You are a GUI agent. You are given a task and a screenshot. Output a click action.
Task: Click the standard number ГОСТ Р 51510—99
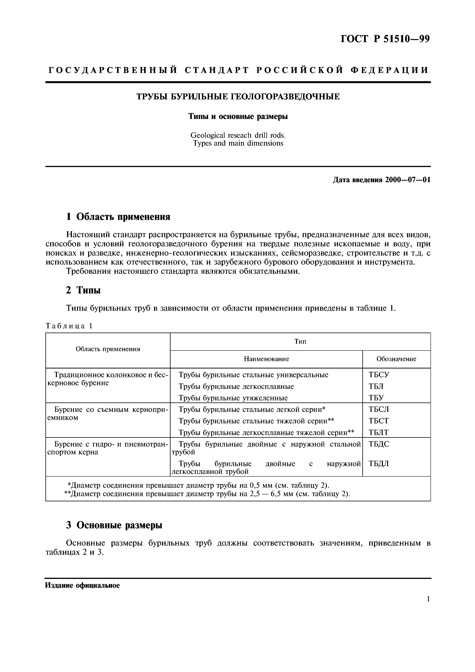385,39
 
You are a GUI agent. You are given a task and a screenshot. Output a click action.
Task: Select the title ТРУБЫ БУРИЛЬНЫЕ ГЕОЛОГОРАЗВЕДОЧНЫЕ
238,97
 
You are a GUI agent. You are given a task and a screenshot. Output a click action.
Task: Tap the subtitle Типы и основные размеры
238,116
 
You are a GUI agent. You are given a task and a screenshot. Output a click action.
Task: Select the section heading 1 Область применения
118,217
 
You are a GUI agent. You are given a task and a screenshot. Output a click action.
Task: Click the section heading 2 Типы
83,290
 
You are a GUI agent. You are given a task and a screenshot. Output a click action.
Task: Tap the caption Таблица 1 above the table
69,326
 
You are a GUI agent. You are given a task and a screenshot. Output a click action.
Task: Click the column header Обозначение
396,359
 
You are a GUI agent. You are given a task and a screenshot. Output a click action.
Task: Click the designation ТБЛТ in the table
378,432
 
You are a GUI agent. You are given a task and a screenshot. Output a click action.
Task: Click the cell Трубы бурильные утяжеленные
233,398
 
